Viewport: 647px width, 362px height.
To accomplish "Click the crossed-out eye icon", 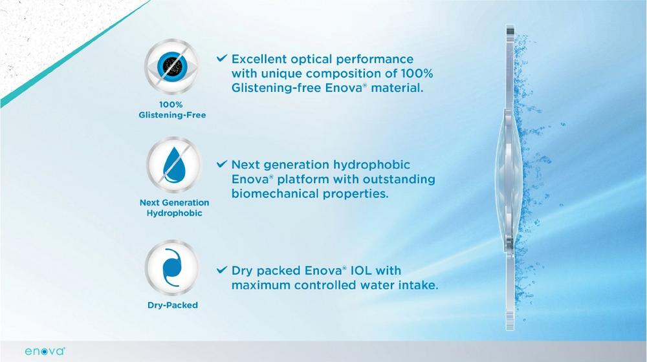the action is [171, 67].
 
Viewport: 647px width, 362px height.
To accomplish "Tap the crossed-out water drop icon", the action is [174, 165].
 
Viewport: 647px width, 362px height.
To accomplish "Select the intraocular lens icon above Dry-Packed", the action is [171, 268].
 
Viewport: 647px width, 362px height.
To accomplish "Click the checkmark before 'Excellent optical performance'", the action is [222, 58].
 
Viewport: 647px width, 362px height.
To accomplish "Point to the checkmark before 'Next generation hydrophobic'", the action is [222, 164].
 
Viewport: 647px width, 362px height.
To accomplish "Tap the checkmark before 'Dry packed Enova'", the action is [222, 270].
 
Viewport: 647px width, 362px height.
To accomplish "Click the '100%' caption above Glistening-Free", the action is [171, 105].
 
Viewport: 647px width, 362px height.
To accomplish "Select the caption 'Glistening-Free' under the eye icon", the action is [172, 115].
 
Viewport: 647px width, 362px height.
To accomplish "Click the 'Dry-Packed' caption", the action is [173, 305].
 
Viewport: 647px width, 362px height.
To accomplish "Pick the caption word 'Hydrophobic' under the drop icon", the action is [174, 213].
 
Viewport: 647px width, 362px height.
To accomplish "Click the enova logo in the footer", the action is [45, 351].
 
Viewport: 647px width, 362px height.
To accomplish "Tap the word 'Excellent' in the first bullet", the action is [259, 59].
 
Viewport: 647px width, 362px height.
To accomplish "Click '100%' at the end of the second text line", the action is [417, 74].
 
